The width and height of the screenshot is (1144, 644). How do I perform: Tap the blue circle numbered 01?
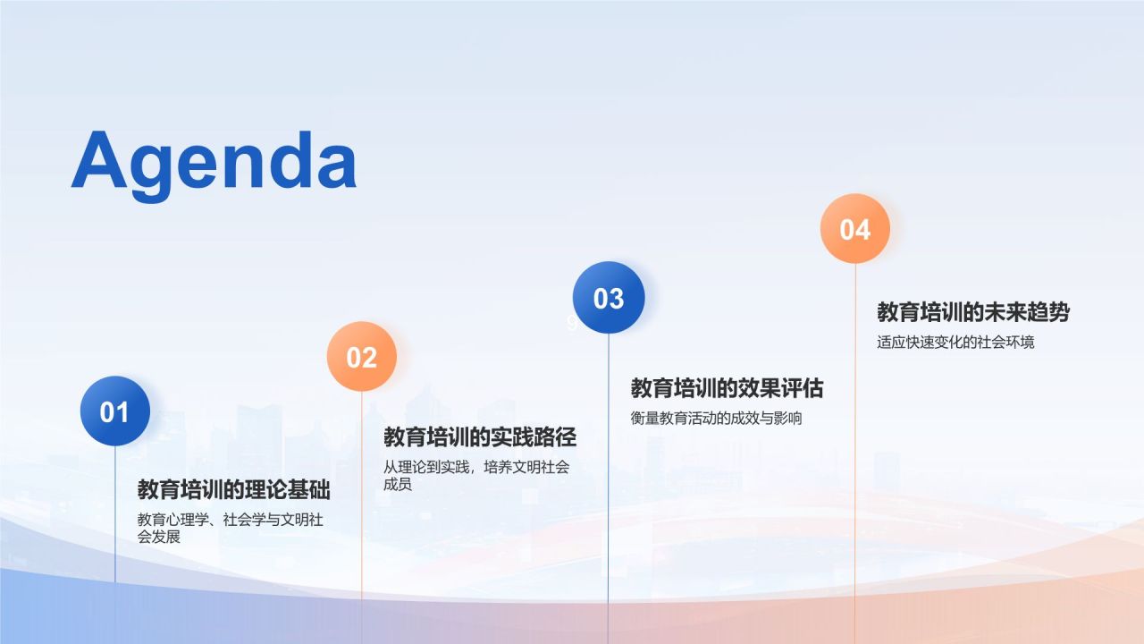point(115,411)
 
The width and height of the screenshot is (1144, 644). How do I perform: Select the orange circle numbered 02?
point(362,356)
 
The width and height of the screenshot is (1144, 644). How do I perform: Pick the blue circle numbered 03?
point(609,298)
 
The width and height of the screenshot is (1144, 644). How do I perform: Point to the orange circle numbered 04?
point(855,228)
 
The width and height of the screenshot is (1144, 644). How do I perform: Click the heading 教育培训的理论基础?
point(234,489)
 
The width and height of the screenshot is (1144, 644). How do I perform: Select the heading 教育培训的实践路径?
point(480,437)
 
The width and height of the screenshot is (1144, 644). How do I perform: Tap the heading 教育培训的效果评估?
point(727,388)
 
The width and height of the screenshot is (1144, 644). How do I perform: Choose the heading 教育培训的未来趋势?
point(973,312)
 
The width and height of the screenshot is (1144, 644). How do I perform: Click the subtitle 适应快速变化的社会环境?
point(955,342)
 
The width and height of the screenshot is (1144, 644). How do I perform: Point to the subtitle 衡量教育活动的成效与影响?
point(716,418)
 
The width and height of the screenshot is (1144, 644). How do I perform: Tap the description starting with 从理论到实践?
point(476,475)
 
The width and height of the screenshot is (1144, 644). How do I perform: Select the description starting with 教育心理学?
point(230,528)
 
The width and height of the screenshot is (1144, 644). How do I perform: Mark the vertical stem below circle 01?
point(115,513)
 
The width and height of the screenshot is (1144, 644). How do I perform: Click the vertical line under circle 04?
point(855,453)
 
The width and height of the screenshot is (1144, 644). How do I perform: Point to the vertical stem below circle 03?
point(609,488)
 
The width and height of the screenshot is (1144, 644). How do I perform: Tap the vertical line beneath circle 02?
point(362,517)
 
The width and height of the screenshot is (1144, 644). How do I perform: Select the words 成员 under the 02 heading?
point(398,484)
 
